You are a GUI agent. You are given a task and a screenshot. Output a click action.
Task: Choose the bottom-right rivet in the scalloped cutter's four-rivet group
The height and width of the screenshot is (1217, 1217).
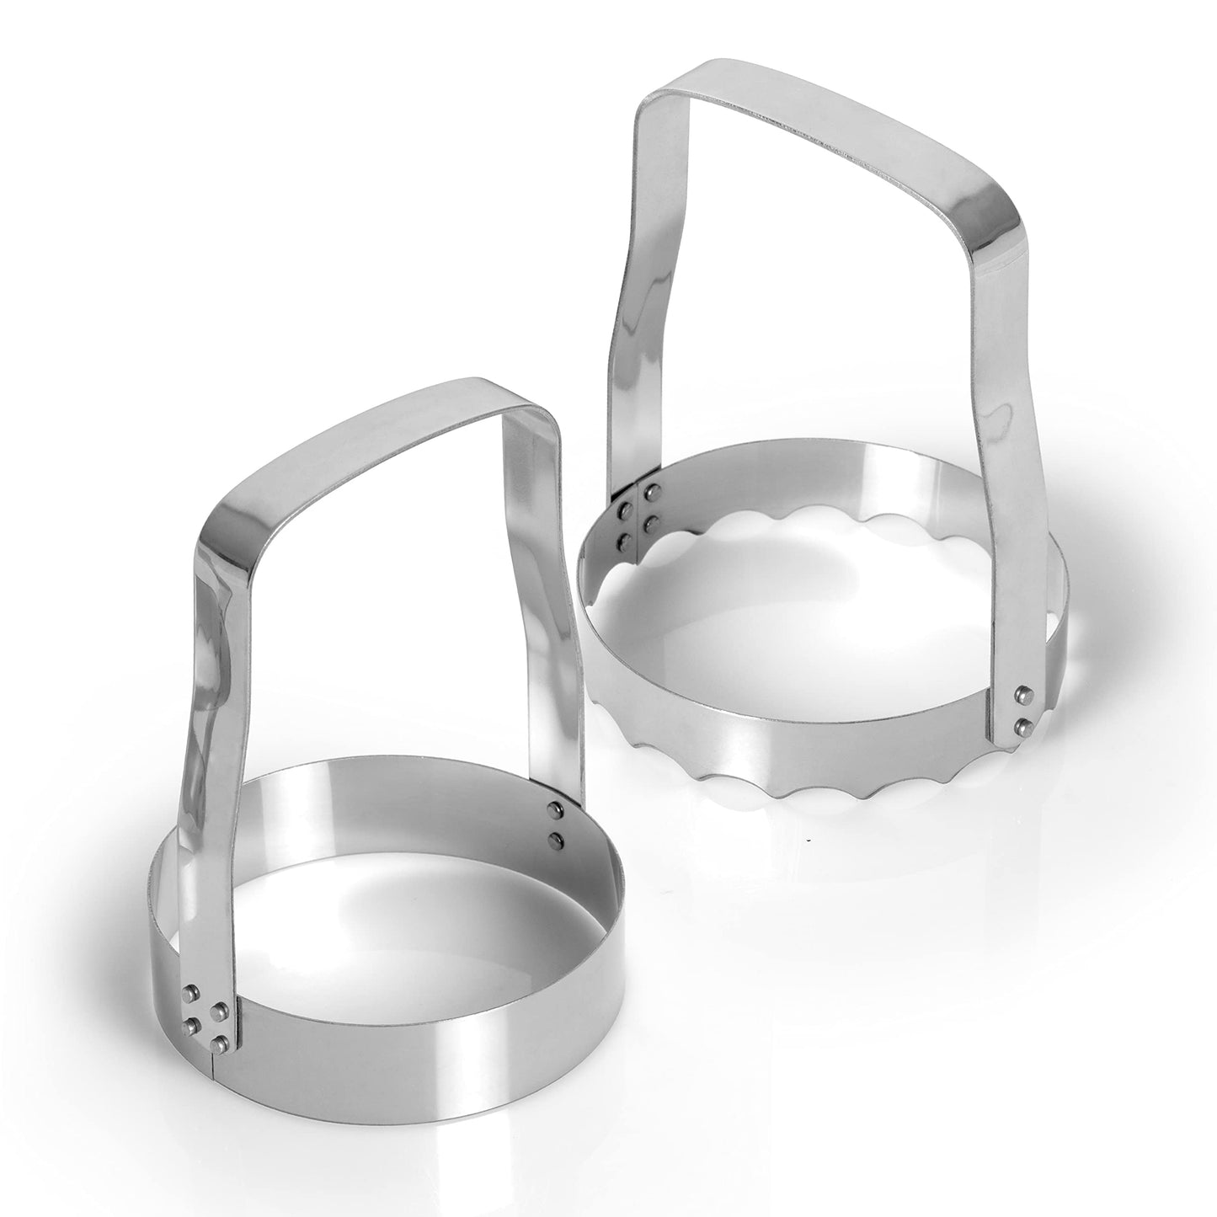click(x=650, y=524)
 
